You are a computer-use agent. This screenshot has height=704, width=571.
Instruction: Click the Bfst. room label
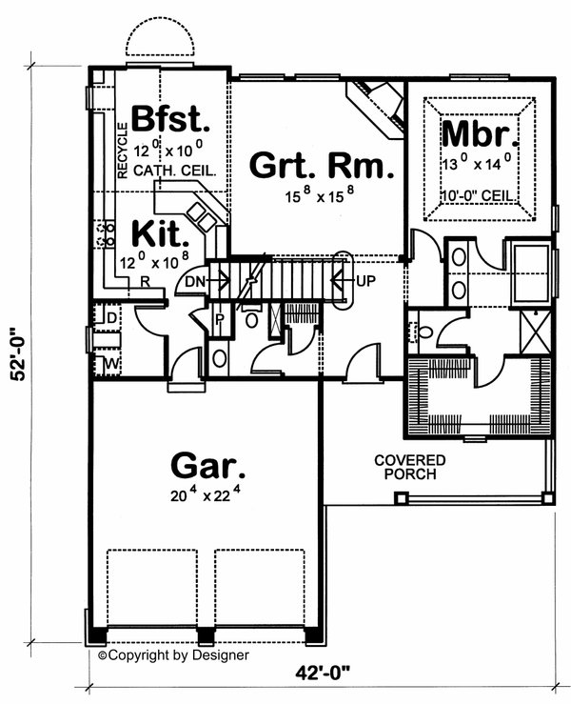click(x=169, y=119)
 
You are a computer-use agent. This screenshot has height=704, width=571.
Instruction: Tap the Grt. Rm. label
click(x=320, y=166)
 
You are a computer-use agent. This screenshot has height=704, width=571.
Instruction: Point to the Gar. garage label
click(x=207, y=467)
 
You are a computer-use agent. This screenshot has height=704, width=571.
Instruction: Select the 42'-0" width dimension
click(x=324, y=673)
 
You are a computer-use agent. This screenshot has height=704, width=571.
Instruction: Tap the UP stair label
click(x=366, y=281)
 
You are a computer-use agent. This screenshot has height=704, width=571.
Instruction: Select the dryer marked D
click(x=110, y=315)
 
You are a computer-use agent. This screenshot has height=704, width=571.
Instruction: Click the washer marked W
click(x=110, y=364)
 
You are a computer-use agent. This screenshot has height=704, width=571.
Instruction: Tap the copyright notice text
click(x=173, y=655)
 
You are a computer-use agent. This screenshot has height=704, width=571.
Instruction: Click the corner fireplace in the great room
click(x=377, y=96)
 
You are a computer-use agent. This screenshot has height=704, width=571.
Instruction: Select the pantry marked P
click(x=219, y=318)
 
